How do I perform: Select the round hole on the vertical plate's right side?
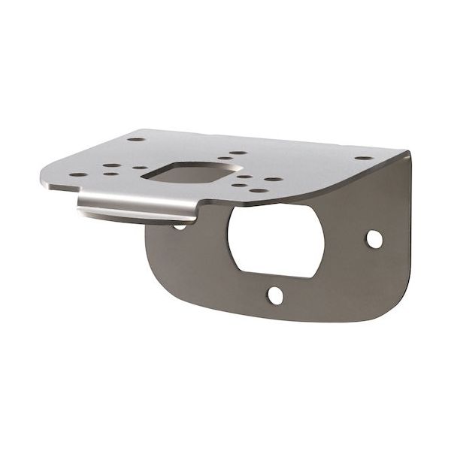coord(374,239)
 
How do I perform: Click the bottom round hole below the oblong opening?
coord(277,295)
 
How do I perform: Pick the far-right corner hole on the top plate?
coord(363,159)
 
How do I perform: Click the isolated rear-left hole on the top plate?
coord(135,139)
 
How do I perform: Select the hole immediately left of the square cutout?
coord(141,169)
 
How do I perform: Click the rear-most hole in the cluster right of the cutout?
coord(237,153)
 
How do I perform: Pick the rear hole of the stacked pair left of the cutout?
coord(109,166)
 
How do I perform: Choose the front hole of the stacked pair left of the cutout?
coord(110,174)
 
